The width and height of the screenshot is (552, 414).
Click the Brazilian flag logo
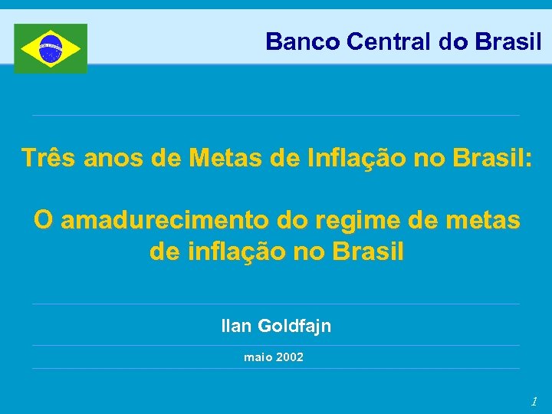click(x=51, y=48)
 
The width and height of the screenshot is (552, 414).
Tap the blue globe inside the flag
click(x=51, y=48)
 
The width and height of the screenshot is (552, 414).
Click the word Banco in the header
click(x=303, y=41)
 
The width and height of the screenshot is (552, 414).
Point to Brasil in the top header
click(x=508, y=41)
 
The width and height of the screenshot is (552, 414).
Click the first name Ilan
click(x=236, y=326)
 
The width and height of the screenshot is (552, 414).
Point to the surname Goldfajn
click(x=294, y=326)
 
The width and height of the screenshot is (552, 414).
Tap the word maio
click(x=258, y=357)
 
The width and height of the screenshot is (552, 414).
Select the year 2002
click(x=291, y=357)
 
